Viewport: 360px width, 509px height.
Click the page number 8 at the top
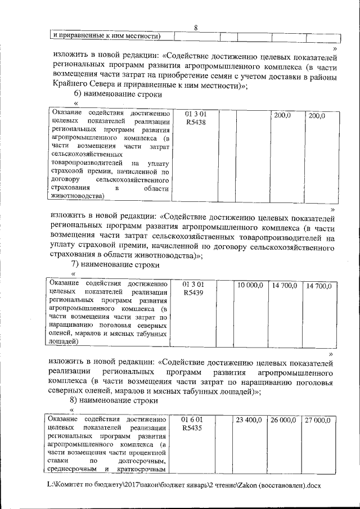click(x=195, y=29)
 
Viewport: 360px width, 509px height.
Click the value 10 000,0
click(x=250, y=286)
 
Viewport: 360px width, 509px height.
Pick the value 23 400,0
click(x=249, y=420)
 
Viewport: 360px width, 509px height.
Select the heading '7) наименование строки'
click(x=115, y=264)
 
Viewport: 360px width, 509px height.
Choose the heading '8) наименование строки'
click(x=115, y=400)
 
